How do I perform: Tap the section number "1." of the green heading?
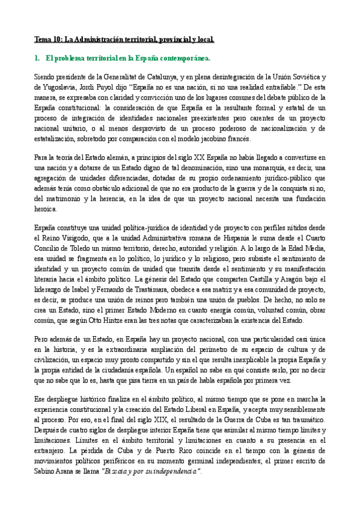pos(37,59)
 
